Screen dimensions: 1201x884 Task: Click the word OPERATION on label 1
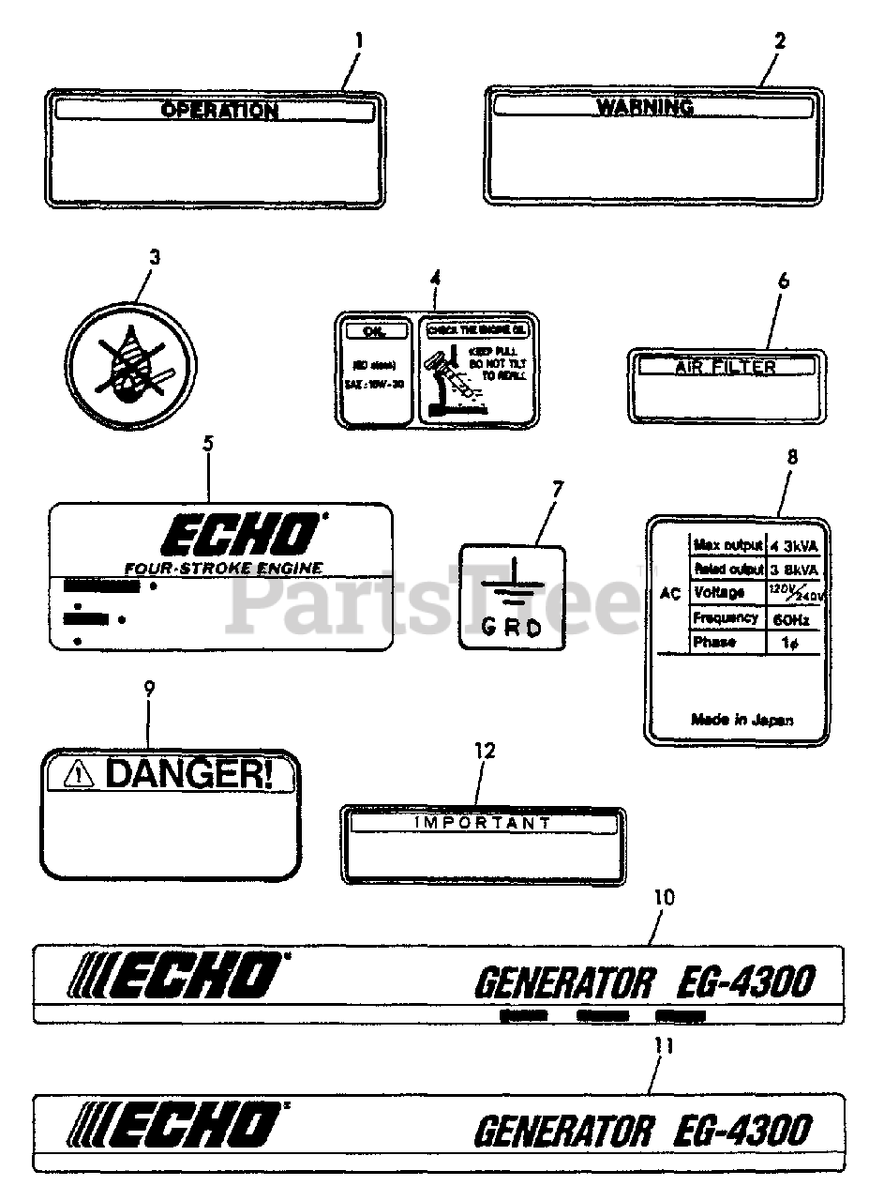(219, 111)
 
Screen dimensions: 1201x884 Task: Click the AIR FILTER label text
(726, 368)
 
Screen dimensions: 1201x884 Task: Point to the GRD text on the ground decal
(511, 628)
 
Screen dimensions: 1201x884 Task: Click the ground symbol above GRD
(511, 587)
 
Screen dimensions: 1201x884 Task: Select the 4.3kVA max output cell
(794, 545)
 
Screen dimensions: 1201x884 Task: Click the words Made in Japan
(742, 720)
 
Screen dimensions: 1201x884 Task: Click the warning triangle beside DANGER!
(80, 774)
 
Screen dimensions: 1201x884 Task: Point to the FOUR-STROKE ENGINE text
(223, 568)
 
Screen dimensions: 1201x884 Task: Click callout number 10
(663, 898)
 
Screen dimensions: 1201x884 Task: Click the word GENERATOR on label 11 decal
(562, 1131)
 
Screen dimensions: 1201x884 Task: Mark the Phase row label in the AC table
(713, 643)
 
